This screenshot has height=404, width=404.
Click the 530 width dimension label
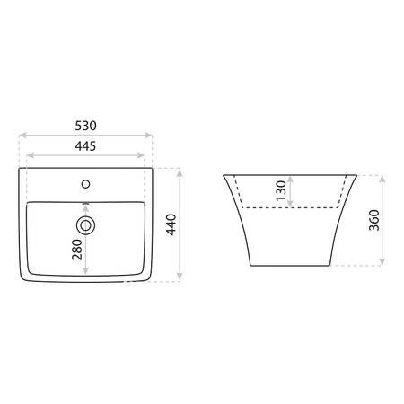(x=85, y=126)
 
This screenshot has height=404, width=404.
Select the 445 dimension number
(x=85, y=146)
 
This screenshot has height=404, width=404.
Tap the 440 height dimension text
(x=171, y=224)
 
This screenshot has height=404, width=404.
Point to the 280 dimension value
(x=77, y=250)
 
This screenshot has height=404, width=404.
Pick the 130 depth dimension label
(x=281, y=190)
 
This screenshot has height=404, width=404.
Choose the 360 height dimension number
(x=374, y=220)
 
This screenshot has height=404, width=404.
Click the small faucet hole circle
(x=85, y=184)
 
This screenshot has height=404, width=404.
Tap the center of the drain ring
(x=85, y=225)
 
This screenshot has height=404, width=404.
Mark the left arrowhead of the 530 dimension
(x=22, y=136)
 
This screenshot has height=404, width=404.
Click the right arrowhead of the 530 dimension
(x=148, y=136)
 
